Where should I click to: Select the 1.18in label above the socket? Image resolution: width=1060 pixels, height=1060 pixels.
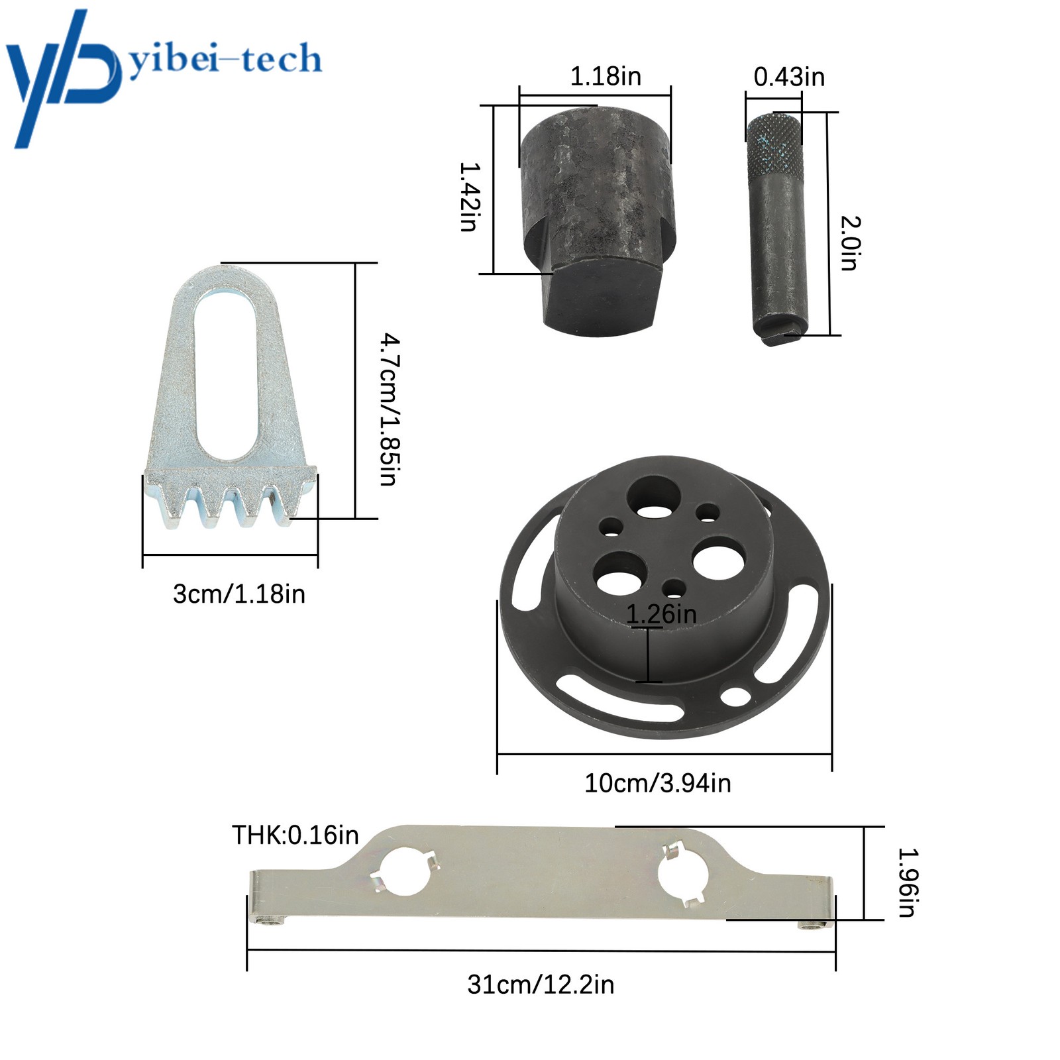(606, 76)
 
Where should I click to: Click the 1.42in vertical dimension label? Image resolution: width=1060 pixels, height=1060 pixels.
(469, 197)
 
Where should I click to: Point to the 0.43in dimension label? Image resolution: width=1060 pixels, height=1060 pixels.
(789, 77)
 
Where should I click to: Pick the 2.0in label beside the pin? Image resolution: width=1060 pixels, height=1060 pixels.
(850, 243)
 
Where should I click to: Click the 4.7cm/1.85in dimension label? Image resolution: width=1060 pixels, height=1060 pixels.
(389, 409)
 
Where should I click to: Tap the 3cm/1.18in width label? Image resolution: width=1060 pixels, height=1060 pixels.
(239, 594)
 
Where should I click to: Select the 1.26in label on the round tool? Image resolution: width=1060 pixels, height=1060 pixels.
(661, 614)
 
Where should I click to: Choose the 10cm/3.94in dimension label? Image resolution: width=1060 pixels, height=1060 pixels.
(657, 783)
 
